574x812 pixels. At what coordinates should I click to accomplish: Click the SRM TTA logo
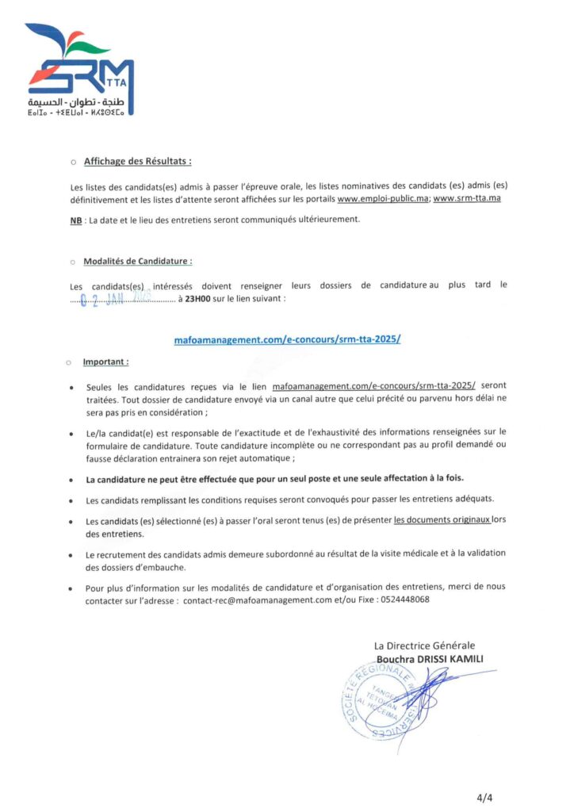(x=79, y=67)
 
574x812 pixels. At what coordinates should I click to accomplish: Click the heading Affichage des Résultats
(x=137, y=160)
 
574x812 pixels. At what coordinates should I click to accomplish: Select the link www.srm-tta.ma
(x=467, y=197)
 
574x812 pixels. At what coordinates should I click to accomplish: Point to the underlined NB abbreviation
(x=76, y=219)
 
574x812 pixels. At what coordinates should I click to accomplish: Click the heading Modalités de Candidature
(x=137, y=260)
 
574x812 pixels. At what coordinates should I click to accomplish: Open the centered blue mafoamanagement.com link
(x=287, y=339)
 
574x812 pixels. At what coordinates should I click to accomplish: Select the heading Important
(x=105, y=362)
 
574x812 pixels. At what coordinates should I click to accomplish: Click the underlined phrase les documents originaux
(x=442, y=520)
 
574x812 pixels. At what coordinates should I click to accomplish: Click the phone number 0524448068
(x=404, y=600)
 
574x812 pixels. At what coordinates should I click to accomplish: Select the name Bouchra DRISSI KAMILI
(x=430, y=659)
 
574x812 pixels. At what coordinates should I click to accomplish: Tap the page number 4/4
(x=484, y=796)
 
